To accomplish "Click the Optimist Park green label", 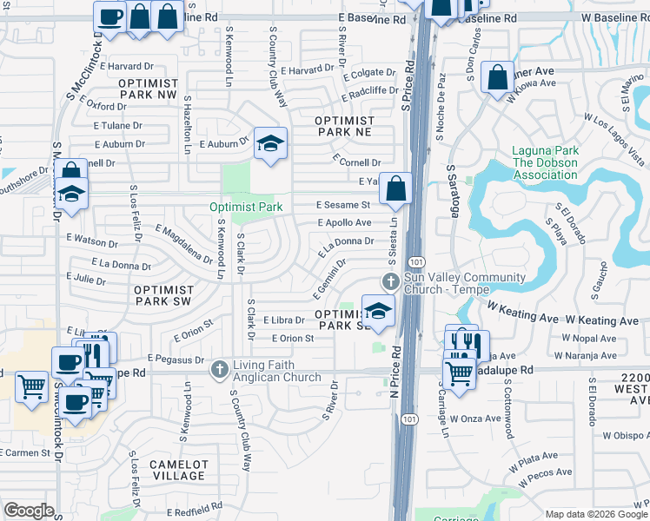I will click(246, 207).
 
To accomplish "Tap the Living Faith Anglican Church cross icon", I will click(219, 370).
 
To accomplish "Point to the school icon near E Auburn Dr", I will click(270, 143).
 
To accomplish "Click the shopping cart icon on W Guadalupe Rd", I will click(459, 372).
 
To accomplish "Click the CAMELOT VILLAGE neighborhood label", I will click(176, 470).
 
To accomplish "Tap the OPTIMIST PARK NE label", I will click(344, 126).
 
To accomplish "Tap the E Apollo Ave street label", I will click(344, 223).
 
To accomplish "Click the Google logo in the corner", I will click(29, 511).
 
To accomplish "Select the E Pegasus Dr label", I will click(176, 358).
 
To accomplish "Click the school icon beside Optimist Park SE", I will click(378, 311).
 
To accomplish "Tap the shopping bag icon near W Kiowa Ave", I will click(497, 77).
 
